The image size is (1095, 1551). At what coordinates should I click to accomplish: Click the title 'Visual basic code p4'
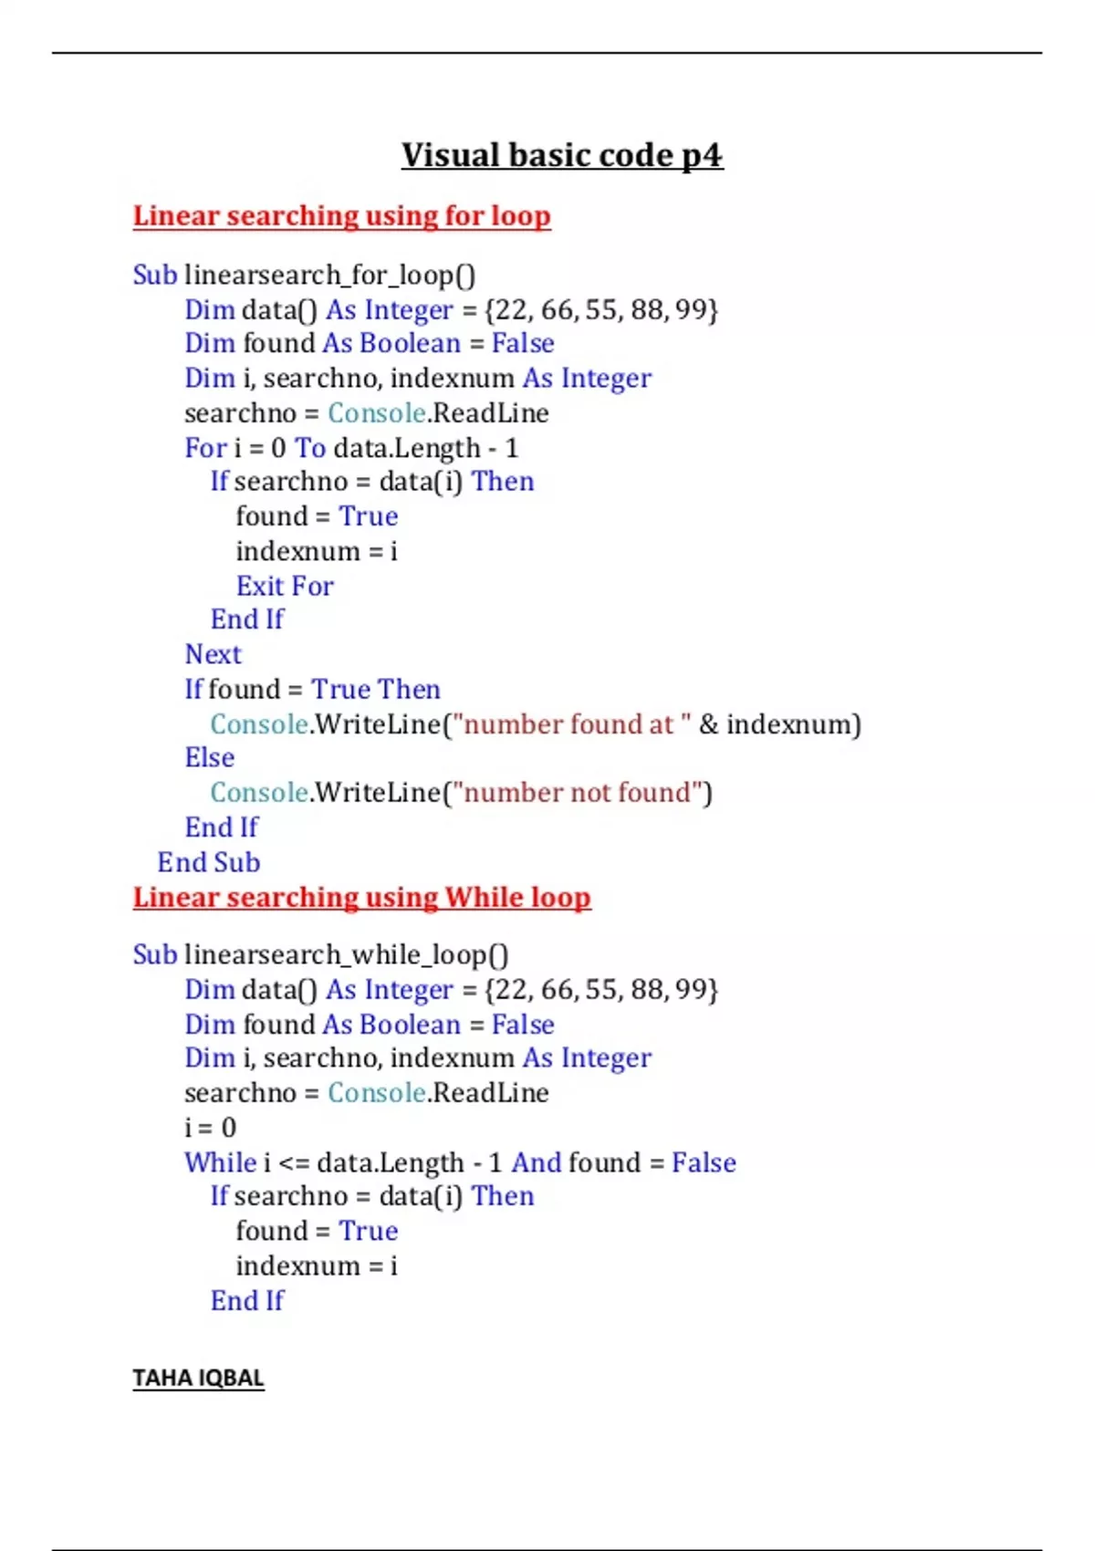pyautogui.click(x=561, y=155)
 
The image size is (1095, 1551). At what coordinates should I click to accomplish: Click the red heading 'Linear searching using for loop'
pyautogui.click(x=341, y=215)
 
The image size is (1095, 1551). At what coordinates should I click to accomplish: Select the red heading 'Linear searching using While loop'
pyautogui.click(x=361, y=897)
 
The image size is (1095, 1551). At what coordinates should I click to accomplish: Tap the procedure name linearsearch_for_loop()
pyautogui.click(x=329, y=275)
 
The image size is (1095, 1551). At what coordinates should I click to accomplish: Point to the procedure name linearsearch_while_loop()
pyautogui.click(x=346, y=954)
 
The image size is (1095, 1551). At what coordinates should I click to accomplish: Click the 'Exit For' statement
pyautogui.click(x=285, y=586)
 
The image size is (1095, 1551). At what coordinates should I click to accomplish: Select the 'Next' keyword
pyautogui.click(x=213, y=654)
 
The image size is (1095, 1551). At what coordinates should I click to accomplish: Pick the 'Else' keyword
pyautogui.click(x=209, y=757)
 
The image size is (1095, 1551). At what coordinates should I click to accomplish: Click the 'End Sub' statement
pyautogui.click(x=208, y=862)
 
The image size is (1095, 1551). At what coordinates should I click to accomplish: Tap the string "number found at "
pyautogui.click(x=572, y=723)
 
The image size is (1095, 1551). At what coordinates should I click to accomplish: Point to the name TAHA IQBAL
pyautogui.click(x=198, y=1378)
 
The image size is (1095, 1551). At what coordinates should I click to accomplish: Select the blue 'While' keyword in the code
pyautogui.click(x=220, y=1162)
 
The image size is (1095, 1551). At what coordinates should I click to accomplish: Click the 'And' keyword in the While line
pyautogui.click(x=536, y=1162)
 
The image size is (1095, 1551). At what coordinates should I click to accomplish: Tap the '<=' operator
pyautogui.click(x=294, y=1163)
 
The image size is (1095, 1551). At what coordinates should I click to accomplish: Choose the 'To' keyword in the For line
pyautogui.click(x=309, y=448)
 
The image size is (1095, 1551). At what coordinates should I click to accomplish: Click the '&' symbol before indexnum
pyautogui.click(x=708, y=724)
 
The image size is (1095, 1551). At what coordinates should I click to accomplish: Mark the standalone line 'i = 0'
pyautogui.click(x=210, y=1128)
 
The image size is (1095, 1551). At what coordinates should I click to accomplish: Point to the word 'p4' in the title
pyautogui.click(x=702, y=155)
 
